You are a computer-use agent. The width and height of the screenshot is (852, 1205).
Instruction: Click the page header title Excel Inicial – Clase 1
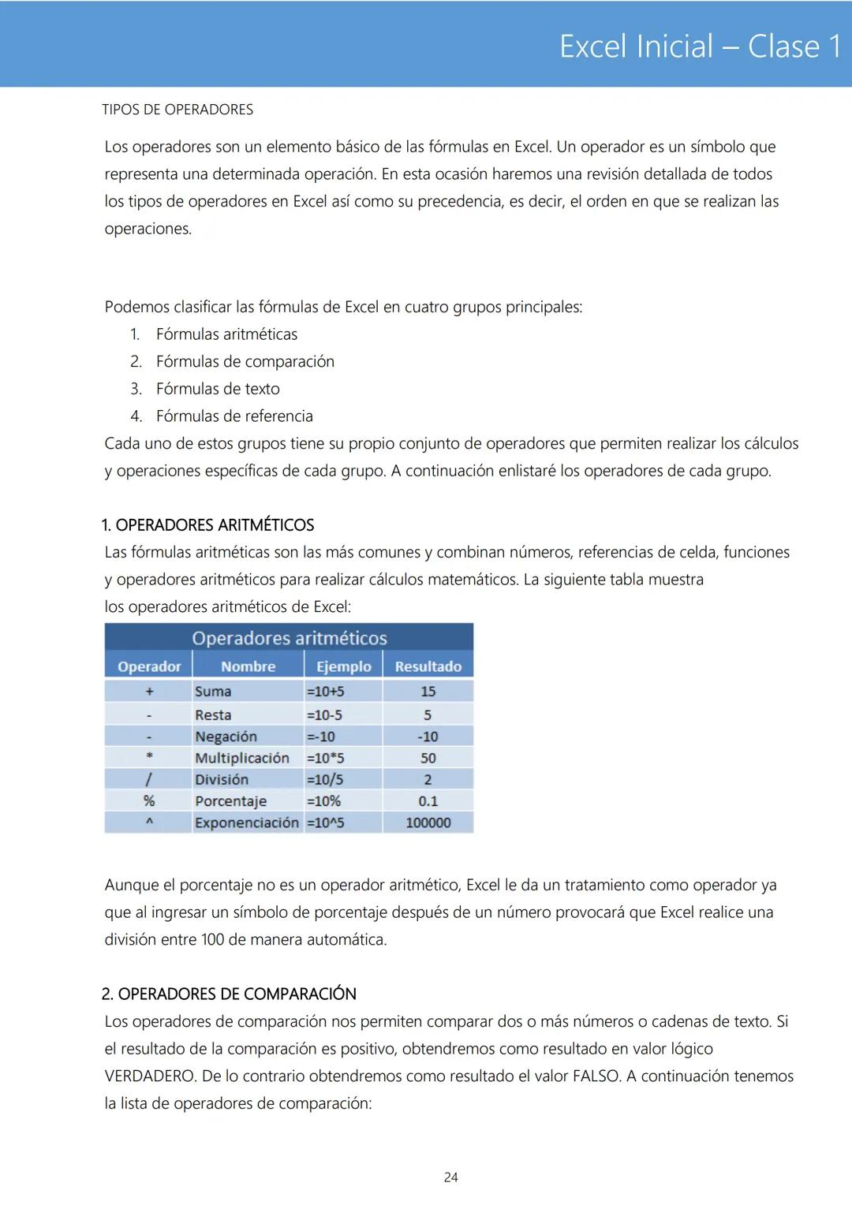700,47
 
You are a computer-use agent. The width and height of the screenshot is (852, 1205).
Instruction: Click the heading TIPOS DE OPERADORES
177,110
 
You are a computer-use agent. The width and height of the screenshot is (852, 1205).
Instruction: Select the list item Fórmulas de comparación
245,361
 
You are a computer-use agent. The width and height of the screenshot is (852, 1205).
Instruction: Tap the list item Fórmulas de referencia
234,416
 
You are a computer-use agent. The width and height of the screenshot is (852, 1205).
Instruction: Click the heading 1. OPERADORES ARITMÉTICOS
207,525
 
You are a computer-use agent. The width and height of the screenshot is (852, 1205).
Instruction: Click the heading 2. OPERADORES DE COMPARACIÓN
229,994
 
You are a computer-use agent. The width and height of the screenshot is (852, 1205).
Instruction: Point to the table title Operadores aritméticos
290,638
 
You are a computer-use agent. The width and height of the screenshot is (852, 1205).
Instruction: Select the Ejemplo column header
343,666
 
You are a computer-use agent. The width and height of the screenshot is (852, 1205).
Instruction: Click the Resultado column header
428,666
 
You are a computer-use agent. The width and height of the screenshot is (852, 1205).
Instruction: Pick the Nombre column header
248,666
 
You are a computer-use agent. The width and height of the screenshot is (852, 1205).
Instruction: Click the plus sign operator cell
149,692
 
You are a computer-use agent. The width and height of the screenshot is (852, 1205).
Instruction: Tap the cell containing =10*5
325,758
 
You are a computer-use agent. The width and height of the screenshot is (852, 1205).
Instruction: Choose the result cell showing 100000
428,823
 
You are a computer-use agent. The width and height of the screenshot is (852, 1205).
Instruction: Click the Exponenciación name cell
246,823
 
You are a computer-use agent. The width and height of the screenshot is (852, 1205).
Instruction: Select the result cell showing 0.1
428,801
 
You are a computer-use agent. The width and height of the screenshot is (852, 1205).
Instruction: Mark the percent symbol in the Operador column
149,801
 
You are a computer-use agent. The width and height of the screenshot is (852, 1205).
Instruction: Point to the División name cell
222,779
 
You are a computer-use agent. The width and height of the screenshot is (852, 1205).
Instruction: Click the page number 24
450,1177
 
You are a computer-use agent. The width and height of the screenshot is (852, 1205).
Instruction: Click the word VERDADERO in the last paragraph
150,1076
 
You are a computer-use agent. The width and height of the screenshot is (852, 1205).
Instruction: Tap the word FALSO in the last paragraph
596,1076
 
